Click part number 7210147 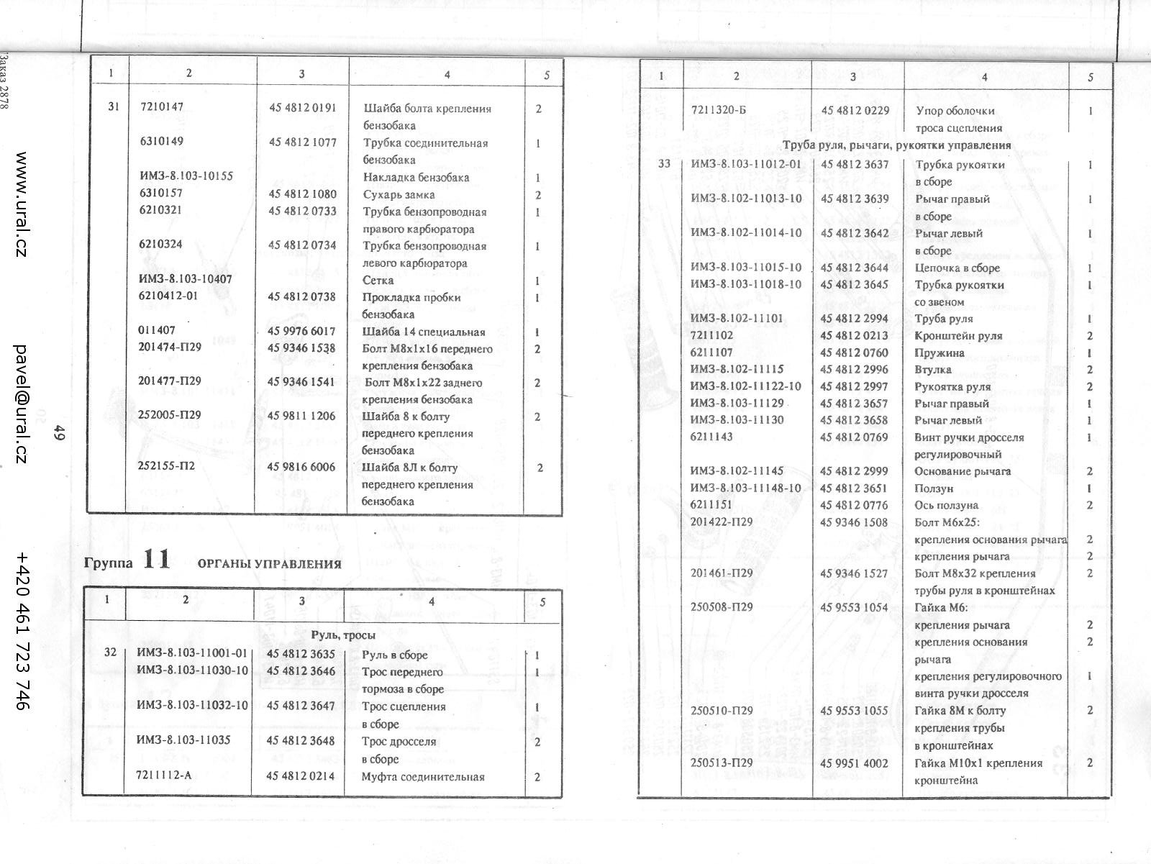point(161,107)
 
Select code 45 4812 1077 point(303,142)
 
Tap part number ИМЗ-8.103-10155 point(186,176)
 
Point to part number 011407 point(156,331)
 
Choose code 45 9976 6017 point(302,331)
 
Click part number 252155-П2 point(166,465)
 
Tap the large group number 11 point(156,559)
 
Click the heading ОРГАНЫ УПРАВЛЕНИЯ point(270,564)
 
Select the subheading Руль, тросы point(343,635)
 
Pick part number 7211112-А point(164,775)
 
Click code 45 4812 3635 point(301,654)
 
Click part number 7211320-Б point(720,110)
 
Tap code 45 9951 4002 point(855,763)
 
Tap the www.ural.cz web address point(22,204)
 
